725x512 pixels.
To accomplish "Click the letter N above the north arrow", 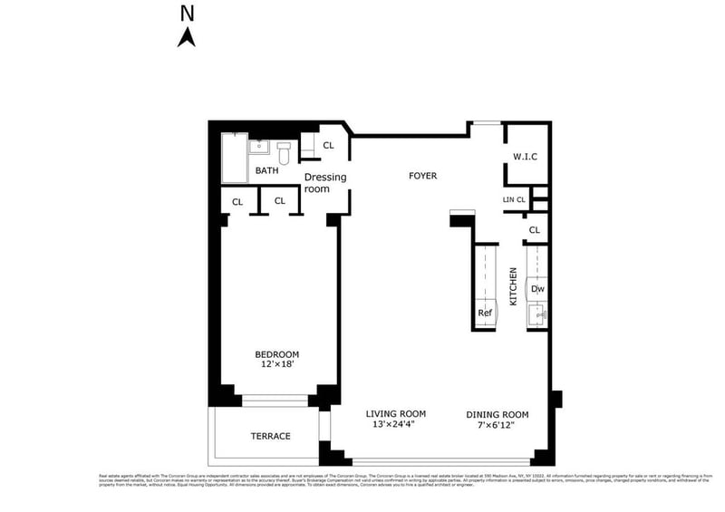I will point(188,13).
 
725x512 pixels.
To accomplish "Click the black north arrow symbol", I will point(188,36).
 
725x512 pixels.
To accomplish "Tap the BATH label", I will point(266,170).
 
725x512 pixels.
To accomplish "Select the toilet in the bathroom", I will point(284,152).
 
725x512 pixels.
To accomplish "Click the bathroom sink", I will point(259,145).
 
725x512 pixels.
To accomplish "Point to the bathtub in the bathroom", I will point(234,156).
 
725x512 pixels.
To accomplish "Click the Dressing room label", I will point(325,183).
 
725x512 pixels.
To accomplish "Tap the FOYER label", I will point(422,176).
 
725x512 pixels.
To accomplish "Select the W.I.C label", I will point(526,157).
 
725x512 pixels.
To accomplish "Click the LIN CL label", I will point(514,199).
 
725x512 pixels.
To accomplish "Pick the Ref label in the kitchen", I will point(485,314).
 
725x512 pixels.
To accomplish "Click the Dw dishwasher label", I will point(537,290).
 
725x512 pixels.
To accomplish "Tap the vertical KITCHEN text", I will point(513,285).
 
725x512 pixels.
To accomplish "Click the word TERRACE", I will point(270,436).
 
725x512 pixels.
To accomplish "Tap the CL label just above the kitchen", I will point(534,230).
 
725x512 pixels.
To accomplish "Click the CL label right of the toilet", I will point(328,145).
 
